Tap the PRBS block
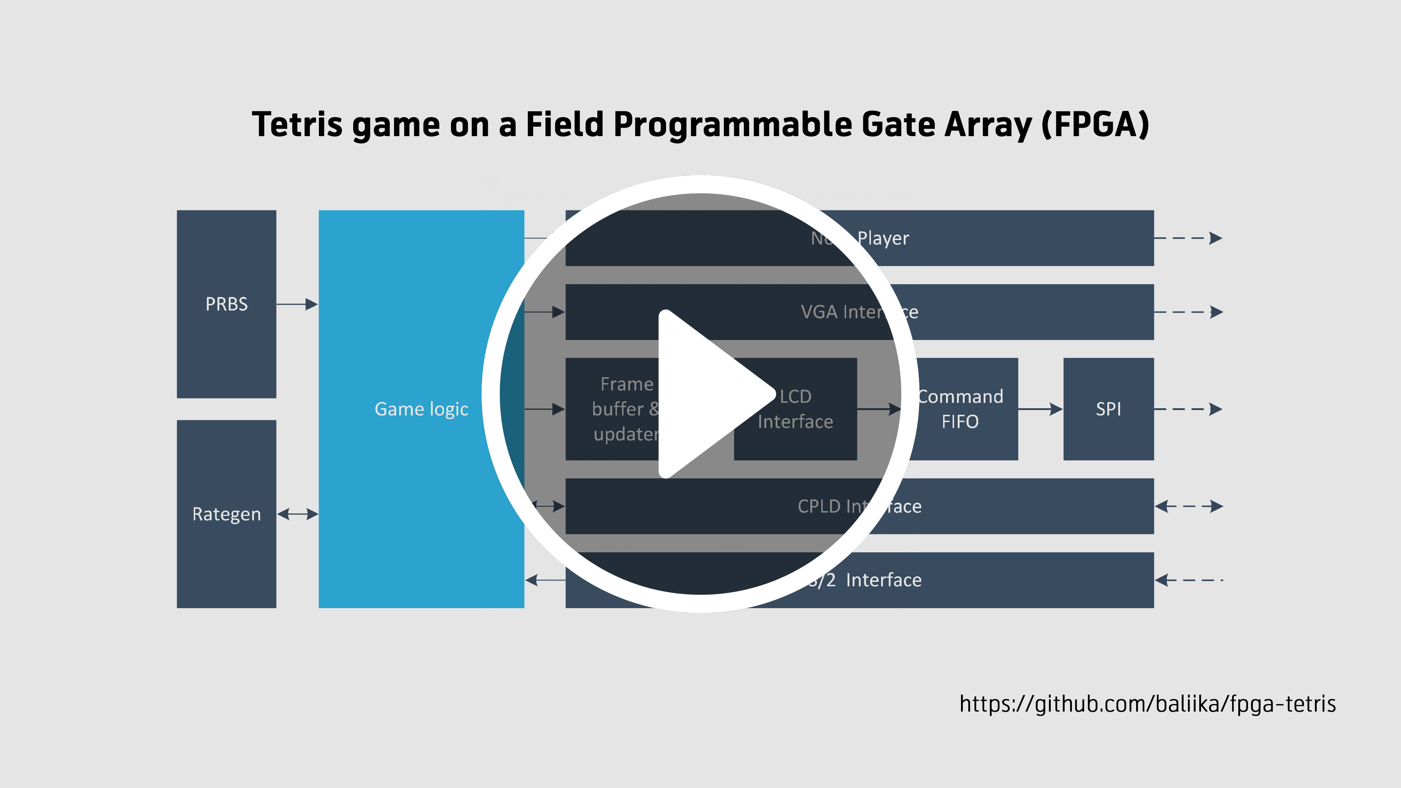tap(226, 304)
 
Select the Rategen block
tap(226, 514)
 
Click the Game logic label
tap(421, 409)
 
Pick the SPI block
tap(1108, 409)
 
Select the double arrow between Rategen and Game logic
tap(297, 514)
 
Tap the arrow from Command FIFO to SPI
tap(1040, 409)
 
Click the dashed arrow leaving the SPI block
tap(1188, 409)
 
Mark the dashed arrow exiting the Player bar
tap(1188, 238)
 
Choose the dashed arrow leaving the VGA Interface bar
tap(1188, 312)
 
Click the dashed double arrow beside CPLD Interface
tap(1188, 506)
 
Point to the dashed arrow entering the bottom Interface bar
tap(1188, 580)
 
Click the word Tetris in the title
tap(297, 124)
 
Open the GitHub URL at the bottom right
tap(1147, 704)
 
